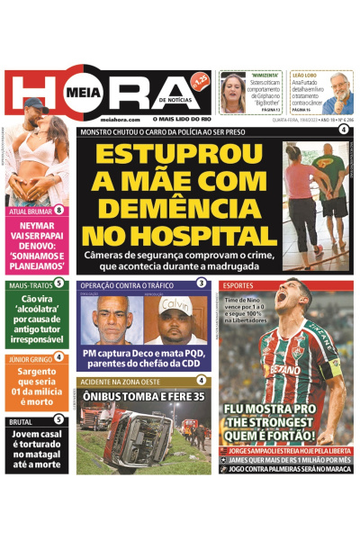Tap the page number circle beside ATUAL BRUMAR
(x=58, y=211)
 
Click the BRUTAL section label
(x=21, y=420)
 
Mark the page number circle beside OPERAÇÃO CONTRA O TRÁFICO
(x=202, y=283)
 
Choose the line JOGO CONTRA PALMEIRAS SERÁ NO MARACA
(x=286, y=469)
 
